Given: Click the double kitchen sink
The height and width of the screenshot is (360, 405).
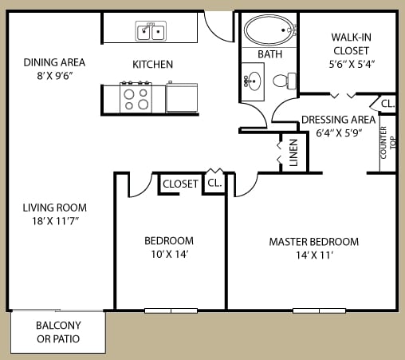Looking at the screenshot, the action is pos(151,31).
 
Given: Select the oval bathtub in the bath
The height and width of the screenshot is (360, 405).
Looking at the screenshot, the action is pos(269,30).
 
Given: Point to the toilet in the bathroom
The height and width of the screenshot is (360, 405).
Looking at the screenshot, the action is pos(285,81).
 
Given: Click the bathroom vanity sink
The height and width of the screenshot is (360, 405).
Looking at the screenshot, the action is pos(253,81).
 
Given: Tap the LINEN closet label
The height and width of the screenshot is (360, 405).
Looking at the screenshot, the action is pos(293,152).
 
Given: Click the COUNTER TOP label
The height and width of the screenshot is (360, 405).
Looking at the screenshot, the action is pos(387,143).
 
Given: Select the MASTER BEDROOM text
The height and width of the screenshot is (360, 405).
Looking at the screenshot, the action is pos(314,242).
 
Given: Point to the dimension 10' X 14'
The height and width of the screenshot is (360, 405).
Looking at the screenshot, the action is pos(170,254).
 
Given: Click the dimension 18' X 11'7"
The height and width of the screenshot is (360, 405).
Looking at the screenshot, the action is pos(55,221).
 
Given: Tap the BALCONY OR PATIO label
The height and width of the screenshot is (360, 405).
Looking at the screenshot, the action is pos(58,332).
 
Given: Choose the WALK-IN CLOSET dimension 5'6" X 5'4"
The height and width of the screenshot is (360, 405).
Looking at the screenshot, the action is pos(352,64).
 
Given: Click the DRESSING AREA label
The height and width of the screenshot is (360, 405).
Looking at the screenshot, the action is pos(338,120).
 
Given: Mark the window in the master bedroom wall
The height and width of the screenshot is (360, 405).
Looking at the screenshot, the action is pos(319,311).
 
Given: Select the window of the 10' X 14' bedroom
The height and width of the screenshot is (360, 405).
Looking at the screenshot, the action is pos(171,311).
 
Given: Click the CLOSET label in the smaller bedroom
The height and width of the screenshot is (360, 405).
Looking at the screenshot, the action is pos(180,184).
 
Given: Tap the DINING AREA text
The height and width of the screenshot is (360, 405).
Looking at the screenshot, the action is pos(54,62).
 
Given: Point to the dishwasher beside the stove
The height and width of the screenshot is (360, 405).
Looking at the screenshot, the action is pos(182,97).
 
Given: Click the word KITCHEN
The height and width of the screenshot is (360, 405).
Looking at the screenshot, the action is pos(152,65).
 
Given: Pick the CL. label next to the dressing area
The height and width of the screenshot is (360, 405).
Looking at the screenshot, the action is pos(387,104).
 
